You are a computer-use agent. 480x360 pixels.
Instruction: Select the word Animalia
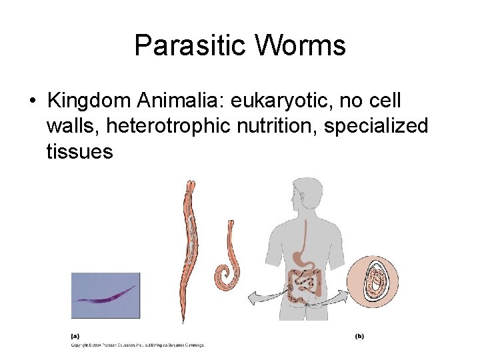(x=180, y=101)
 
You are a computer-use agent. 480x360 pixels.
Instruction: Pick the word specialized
(x=376, y=127)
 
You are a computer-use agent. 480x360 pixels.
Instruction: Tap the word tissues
(x=80, y=152)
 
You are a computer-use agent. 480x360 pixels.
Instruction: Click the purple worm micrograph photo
(x=105, y=295)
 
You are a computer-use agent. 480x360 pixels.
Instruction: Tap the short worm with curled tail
(x=227, y=260)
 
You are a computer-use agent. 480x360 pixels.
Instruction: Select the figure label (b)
(x=359, y=336)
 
